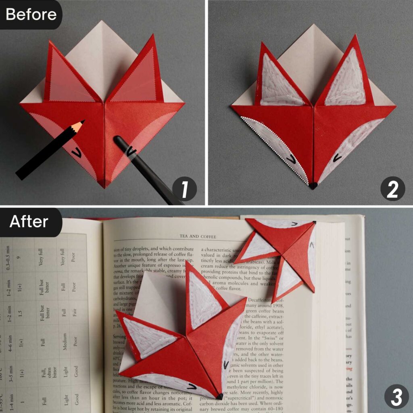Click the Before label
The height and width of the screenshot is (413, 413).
pyautogui.click(x=31, y=15)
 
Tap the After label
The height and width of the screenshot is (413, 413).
pyautogui.click(x=29, y=221)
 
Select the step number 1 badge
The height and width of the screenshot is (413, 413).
pyautogui.click(x=184, y=189)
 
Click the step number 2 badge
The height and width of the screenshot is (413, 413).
pyautogui.click(x=392, y=189)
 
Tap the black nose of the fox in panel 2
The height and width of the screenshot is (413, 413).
pyautogui.click(x=313, y=186)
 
